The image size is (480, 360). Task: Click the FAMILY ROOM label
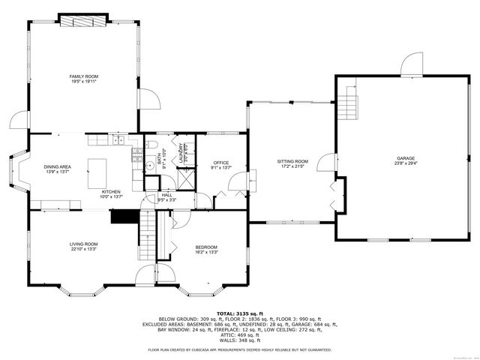(x=84, y=76)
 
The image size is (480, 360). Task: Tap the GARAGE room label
(x=406, y=159)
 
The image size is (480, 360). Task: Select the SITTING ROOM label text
(x=292, y=161)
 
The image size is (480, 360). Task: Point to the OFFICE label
(x=220, y=163)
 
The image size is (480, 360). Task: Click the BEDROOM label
(x=206, y=247)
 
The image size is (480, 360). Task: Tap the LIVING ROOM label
(x=85, y=244)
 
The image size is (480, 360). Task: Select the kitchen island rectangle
(x=98, y=174)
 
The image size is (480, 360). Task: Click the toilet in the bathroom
(x=151, y=145)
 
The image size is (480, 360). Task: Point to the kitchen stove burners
(x=136, y=156)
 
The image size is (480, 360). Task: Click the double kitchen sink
(x=117, y=141)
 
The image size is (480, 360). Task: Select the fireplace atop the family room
(x=83, y=19)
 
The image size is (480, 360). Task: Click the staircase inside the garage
(x=347, y=105)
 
